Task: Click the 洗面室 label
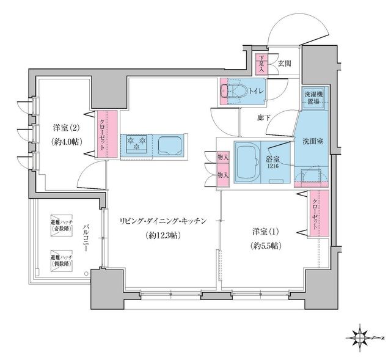[312, 141]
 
